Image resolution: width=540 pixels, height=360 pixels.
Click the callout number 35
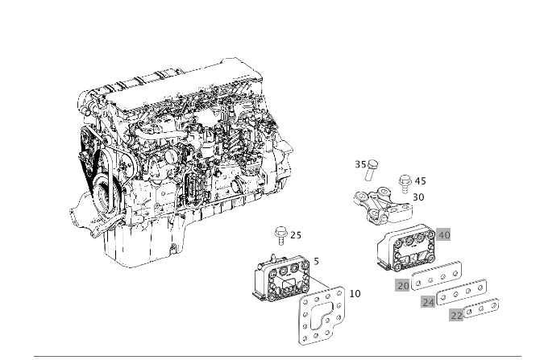pyautogui.click(x=360, y=163)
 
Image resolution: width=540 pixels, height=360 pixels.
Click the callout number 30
pyautogui.click(x=418, y=197)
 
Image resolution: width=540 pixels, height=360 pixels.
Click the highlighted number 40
pyautogui.click(x=443, y=235)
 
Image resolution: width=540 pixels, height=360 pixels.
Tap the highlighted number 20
pyautogui.click(x=403, y=285)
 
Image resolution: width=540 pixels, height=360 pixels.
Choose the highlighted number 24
pyautogui.click(x=429, y=302)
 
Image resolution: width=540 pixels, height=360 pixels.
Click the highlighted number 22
pyautogui.click(x=456, y=316)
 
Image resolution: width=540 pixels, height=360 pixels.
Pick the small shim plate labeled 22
pyautogui.click(x=481, y=308)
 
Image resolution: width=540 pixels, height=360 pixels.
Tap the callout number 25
pyautogui.click(x=296, y=235)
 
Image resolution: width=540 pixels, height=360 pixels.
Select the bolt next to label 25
pyautogui.click(x=280, y=235)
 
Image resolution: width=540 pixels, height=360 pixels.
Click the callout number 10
pyautogui.click(x=355, y=293)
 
